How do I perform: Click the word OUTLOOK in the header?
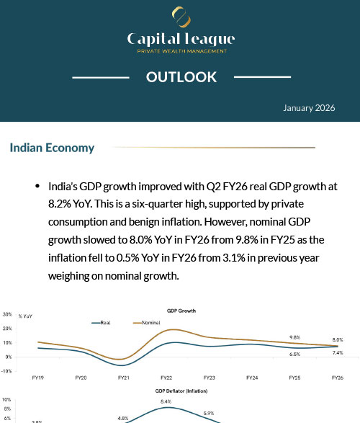(x=181, y=77)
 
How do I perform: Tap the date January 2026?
(x=309, y=107)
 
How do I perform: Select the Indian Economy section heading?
(x=52, y=148)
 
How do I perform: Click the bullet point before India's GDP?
(x=37, y=186)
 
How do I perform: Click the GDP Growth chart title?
(x=181, y=311)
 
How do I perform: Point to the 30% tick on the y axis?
(x=7, y=314)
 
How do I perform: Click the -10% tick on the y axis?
(x=7, y=370)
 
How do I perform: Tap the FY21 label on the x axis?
(x=123, y=378)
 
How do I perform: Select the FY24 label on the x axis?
(x=252, y=378)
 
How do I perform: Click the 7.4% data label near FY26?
(x=338, y=353)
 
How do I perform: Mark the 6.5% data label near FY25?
(x=294, y=355)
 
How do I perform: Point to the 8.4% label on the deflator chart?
(x=166, y=401)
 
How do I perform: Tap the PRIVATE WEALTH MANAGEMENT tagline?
(x=181, y=51)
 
